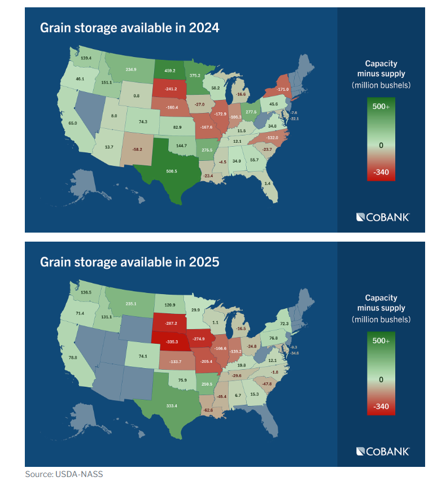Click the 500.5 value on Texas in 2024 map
click(x=172, y=170)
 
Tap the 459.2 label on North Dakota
click(x=170, y=71)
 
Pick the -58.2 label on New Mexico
click(x=137, y=149)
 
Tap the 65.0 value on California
click(x=73, y=123)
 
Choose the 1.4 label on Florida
click(x=267, y=183)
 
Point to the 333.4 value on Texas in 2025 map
click(x=171, y=405)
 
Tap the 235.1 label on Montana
click(x=131, y=304)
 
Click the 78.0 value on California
click(x=73, y=357)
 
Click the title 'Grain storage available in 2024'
click(x=129, y=27)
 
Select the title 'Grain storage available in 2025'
click(x=129, y=262)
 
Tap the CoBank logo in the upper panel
click(x=383, y=217)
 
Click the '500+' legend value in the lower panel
click(x=381, y=341)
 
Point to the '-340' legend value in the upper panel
click(x=381, y=172)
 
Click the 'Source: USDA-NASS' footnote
click(x=64, y=474)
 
